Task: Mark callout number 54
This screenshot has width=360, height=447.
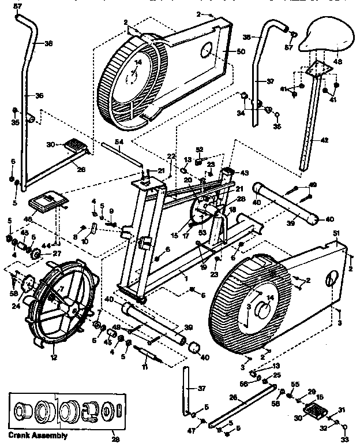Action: pyautogui.click(x=118, y=142)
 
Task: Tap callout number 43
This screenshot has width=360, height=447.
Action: pyautogui.click(x=244, y=173)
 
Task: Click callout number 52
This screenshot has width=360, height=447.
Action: pyautogui.click(x=200, y=149)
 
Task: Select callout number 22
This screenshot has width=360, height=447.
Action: pyautogui.click(x=171, y=156)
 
